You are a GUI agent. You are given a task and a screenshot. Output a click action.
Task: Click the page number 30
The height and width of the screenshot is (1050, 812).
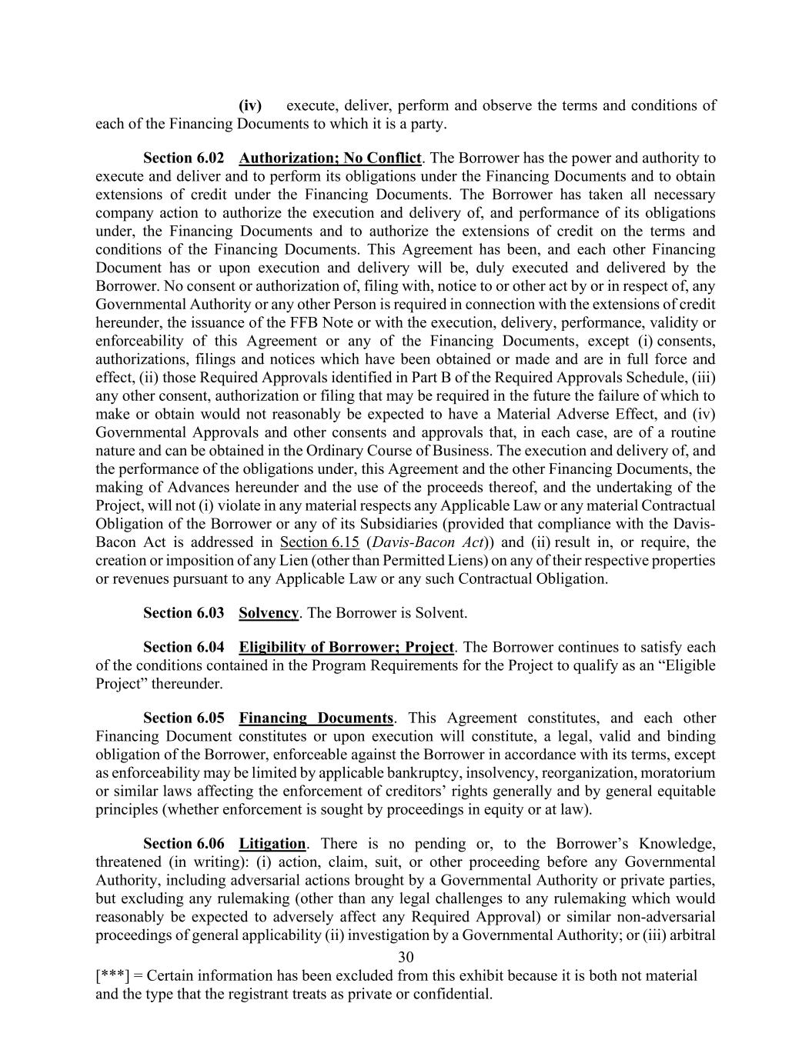click(406, 957)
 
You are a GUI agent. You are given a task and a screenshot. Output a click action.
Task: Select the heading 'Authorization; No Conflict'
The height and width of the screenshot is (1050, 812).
click(329, 158)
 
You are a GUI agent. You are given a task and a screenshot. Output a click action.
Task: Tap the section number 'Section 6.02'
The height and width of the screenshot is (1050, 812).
click(184, 158)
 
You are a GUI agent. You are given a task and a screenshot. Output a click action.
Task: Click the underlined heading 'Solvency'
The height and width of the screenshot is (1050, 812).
click(268, 613)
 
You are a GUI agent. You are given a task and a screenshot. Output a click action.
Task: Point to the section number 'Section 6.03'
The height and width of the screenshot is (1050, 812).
click(184, 613)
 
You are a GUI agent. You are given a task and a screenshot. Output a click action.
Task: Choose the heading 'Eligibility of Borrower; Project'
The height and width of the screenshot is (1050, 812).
click(346, 647)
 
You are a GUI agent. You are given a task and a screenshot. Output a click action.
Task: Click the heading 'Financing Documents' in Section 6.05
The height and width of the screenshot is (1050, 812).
click(316, 718)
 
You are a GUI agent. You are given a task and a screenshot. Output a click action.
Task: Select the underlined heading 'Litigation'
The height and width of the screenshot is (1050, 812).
click(272, 844)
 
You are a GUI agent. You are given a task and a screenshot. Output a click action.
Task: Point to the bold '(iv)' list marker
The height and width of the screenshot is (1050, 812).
click(250, 105)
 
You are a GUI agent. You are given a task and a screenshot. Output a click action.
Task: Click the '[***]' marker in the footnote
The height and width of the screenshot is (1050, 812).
click(112, 976)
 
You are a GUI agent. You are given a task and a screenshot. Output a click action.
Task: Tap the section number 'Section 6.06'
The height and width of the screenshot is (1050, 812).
click(184, 844)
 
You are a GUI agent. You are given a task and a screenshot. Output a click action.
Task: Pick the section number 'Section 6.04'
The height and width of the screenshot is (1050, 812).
click(184, 647)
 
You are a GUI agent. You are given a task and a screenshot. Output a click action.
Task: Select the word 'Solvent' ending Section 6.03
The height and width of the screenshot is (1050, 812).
click(439, 613)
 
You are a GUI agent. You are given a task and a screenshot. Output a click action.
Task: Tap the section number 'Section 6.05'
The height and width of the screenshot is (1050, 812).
click(184, 718)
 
